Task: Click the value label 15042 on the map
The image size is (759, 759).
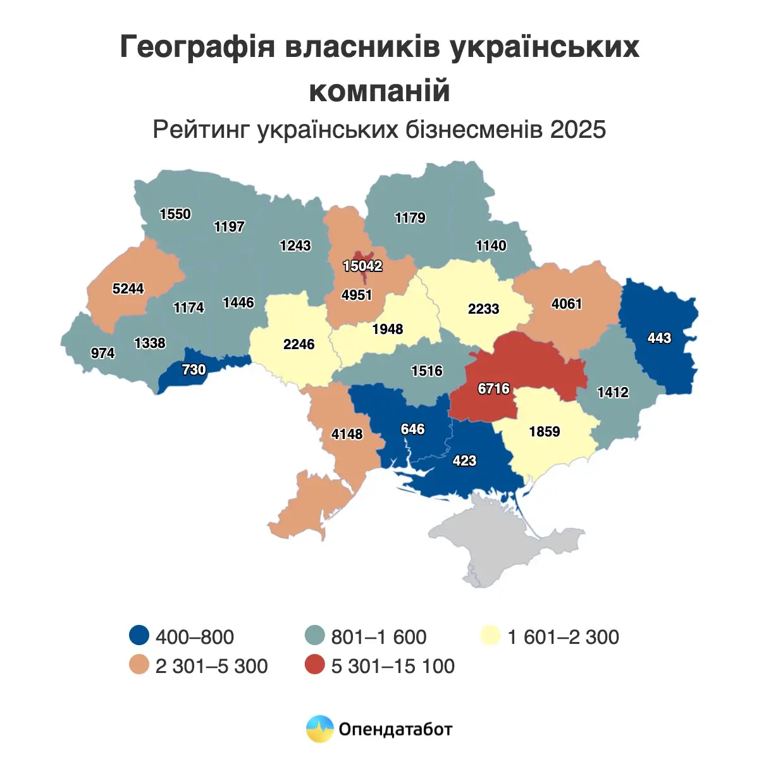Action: [362, 266]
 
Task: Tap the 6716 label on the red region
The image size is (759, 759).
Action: [493, 388]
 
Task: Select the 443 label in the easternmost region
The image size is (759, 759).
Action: [659, 338]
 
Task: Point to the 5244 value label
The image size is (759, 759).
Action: [128, 288]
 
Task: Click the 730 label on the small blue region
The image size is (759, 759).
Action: [194, 369]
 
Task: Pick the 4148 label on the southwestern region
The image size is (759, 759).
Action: [347, 434]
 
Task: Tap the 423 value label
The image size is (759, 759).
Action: [464, 460]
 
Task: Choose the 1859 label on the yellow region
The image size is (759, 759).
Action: [545, 431]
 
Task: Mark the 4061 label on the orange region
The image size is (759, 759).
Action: [567, 304]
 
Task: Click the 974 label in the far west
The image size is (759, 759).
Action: [102, 353]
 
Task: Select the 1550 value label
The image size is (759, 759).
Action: [175, 214]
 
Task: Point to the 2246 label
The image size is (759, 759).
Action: [299, 344]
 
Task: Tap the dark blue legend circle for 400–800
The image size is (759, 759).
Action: [139, 636]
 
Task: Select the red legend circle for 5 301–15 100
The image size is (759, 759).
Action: [314, 665]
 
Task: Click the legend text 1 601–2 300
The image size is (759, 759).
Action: [563, 636]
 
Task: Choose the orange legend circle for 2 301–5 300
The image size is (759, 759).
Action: [139, 665]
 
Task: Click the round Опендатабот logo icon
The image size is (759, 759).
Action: [319, 729]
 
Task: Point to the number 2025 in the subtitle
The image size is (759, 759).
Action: [578, 130]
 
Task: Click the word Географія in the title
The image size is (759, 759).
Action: [197, 48]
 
